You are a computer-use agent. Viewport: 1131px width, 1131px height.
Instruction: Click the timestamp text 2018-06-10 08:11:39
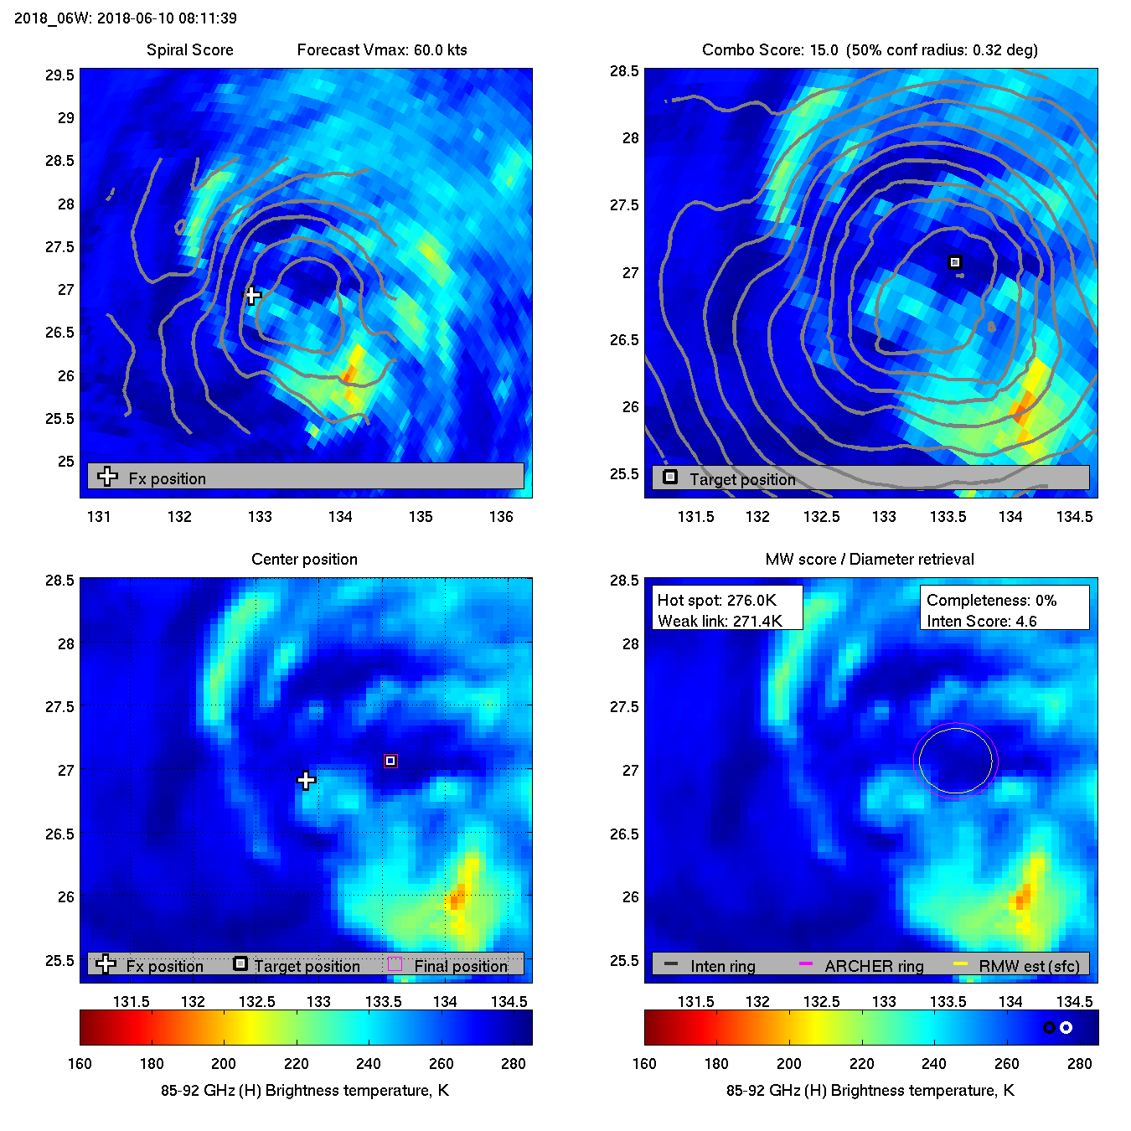click(x=167, y=18)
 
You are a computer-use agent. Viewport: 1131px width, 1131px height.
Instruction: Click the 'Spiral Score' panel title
click(x=189, y=50)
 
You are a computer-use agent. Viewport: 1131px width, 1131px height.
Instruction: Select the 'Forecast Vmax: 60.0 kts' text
click(x=382, y=50)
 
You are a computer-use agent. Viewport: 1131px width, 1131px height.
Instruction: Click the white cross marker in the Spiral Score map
click(x=253, y=295)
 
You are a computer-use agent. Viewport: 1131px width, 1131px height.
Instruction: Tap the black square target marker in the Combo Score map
click(x=955, y=262)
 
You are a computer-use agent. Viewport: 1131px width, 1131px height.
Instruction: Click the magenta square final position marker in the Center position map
click(x=390, y=761)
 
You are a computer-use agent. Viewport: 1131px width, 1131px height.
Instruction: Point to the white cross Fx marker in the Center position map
click(x=307, y=781)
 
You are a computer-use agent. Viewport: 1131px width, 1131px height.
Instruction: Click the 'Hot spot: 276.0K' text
click(x=716, y=600)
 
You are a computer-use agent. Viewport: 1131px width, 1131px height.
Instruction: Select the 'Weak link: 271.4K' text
click(x=720, y=621)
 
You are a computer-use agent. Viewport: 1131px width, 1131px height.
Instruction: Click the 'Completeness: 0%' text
click(x=991, y=600)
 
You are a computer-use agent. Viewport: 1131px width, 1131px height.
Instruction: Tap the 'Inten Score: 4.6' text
click(x=981, y=621)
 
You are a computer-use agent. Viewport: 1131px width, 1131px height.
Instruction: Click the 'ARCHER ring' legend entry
click(x=874, y=966)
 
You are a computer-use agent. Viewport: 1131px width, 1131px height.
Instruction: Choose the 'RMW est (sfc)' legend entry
click(x=1029, y=966)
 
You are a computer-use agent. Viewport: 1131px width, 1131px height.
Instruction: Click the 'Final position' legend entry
click(x=461, y=966)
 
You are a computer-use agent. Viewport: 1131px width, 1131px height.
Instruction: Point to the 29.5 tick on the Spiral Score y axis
click(x=59, y=75)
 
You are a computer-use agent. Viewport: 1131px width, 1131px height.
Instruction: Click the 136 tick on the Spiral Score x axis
click(x=501, y=517)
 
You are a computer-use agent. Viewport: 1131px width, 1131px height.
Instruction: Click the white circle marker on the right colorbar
click(x=1066, y=1027)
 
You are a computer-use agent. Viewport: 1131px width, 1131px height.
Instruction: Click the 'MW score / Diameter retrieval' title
click(x=870, y=560)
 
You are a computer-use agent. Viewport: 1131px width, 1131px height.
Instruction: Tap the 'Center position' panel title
click(x=304, y=560)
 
